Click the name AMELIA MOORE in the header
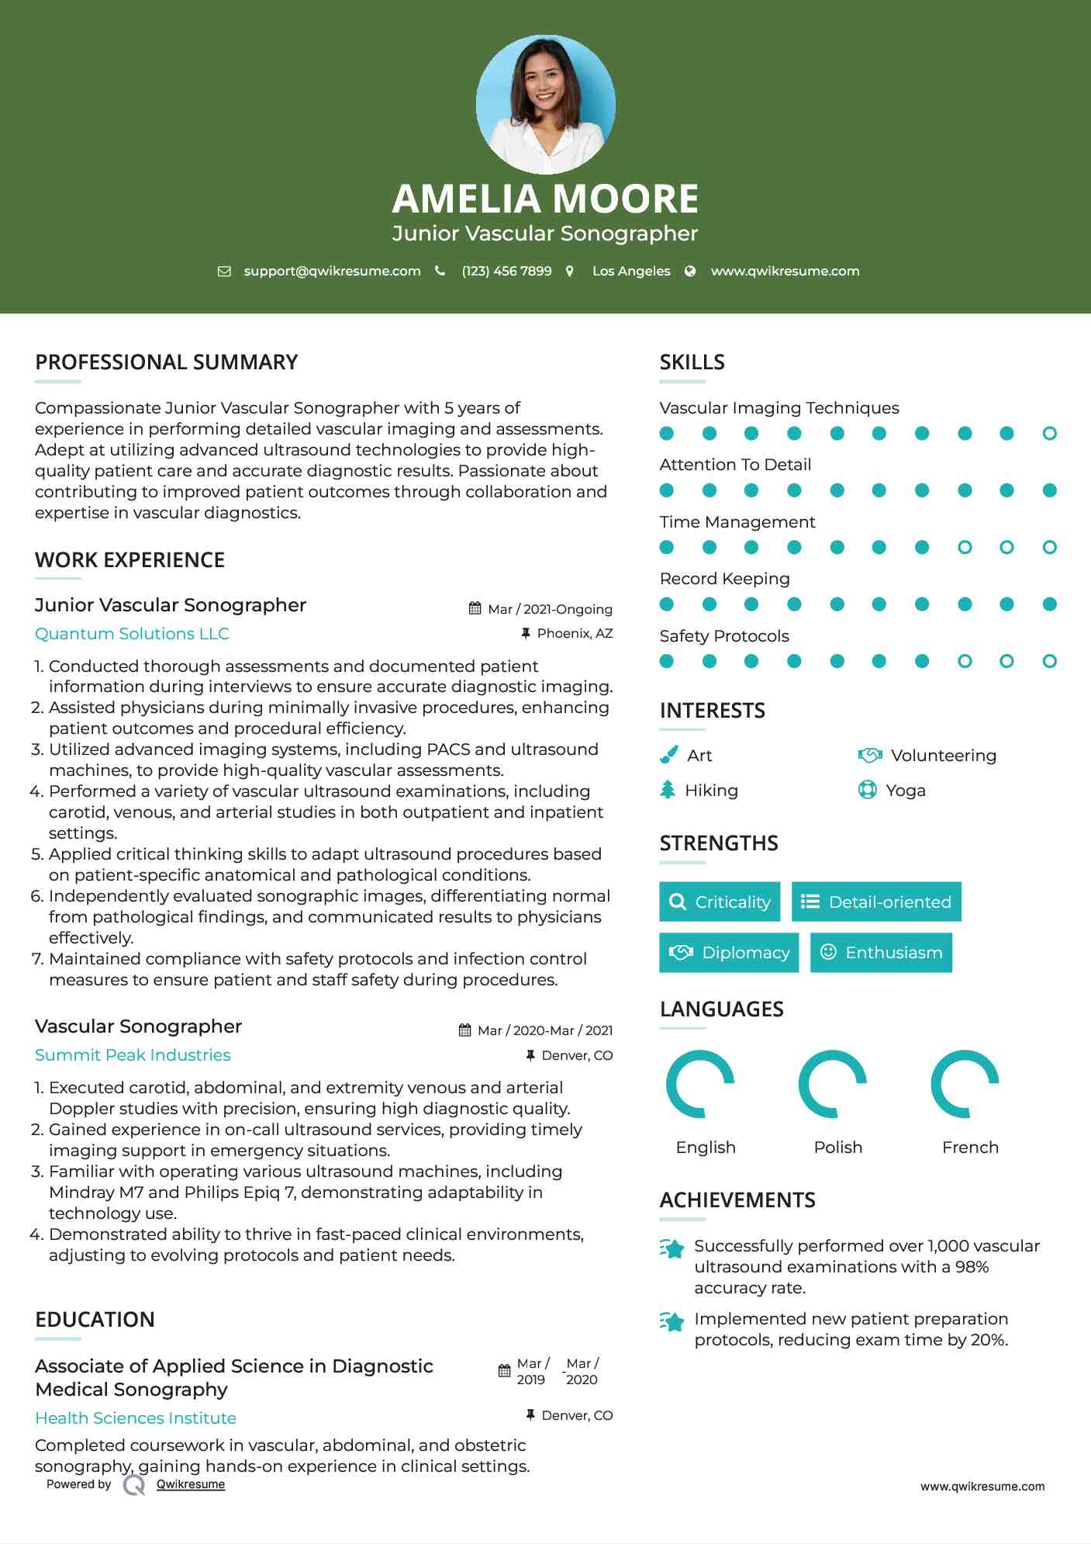coord(545,199)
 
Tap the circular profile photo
coord(545,104)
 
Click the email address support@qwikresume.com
coord(332,271)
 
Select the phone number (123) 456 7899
coord(506,271)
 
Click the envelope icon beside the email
coord(224,271)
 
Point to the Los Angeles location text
coord(630,271)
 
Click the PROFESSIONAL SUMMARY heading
coord(166,362)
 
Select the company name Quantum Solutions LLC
coord(132,634)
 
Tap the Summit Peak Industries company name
coord(133,1055)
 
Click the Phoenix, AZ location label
coord(575,633)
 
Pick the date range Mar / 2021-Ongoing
coord(550,609)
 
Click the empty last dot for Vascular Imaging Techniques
coord(1049,433)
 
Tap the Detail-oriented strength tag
coord(876,902)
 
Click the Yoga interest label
coord(905,790)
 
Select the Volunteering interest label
coord(943,755)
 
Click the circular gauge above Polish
coord(832,1084)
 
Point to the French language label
coord(969,1147)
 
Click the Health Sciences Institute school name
coord(136,1418)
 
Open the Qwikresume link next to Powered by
coord(191,1484)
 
